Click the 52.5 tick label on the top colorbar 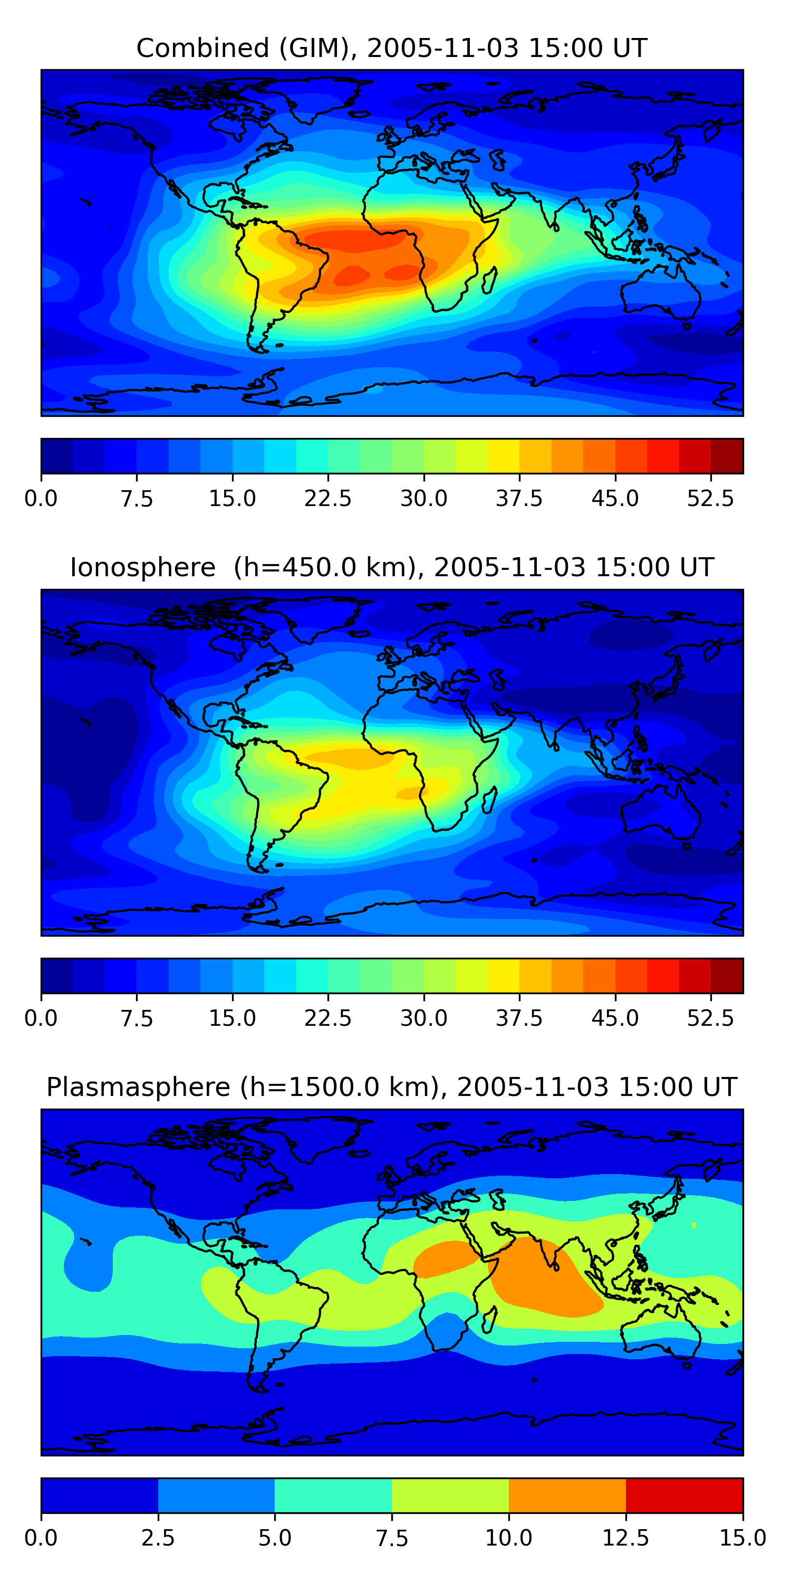click(x=710, y=498)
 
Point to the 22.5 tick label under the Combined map click(x=328, y=498)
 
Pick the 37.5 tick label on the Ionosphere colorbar click(x=519, y=1018)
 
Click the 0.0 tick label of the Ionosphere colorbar click(x=41, y=1018)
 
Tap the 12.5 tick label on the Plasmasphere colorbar click(x=626, y=1538)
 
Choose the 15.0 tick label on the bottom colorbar click(x=742, y=1538)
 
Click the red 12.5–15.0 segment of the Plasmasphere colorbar click(x=684, y=1495)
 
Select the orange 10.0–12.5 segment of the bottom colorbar click(x=567, y=1495)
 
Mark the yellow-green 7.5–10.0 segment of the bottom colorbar click(x=450, y=1495)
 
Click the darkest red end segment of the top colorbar click(x=727, y=456)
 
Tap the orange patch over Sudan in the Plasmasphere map click(x=445, y=1257)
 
